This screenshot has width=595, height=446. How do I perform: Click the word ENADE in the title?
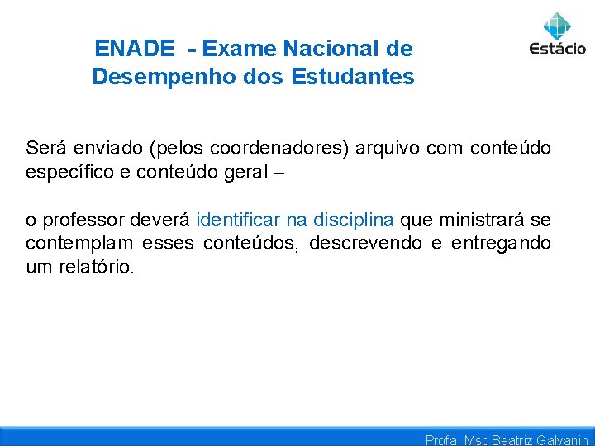click(x=135, y=49)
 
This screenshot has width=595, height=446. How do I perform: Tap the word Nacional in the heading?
click(x=328, y=49)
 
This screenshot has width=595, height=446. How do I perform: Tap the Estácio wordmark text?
click(x=558, y=48)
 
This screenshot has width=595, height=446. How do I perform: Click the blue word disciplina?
click(x=354, y=221)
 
